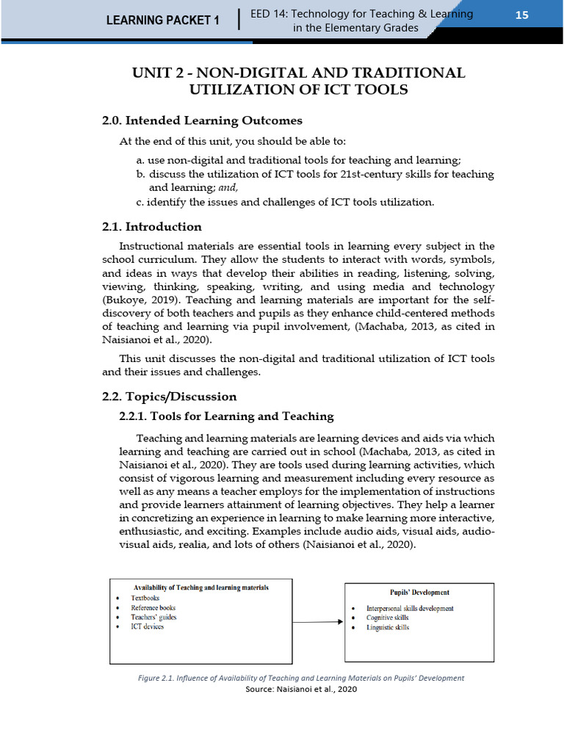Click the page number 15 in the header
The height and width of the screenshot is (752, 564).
point(521,15)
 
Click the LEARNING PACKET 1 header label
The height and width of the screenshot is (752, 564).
point(162,21)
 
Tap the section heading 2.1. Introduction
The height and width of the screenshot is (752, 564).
point(152,226)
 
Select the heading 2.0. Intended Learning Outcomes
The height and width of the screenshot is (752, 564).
point(202,120)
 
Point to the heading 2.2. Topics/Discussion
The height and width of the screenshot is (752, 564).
point(170,397)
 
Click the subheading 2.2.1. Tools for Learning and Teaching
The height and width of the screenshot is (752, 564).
point(226,416)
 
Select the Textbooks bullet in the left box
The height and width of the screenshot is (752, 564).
point(145,599)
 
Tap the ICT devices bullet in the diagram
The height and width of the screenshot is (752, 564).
point(148,626)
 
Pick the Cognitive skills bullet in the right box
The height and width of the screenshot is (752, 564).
point(388,618)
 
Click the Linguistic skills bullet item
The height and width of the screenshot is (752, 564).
point(388,628)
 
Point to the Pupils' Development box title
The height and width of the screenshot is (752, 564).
point(419,592)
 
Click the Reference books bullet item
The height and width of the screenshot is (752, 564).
point(153,608)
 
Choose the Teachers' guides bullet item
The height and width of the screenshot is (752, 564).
point(153,618)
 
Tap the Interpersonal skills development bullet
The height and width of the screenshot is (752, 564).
point(410,609)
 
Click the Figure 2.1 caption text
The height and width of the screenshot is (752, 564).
point(301,678)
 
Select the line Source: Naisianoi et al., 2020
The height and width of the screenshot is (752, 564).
point(301,690)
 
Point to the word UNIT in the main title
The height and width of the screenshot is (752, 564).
point(151,73)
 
